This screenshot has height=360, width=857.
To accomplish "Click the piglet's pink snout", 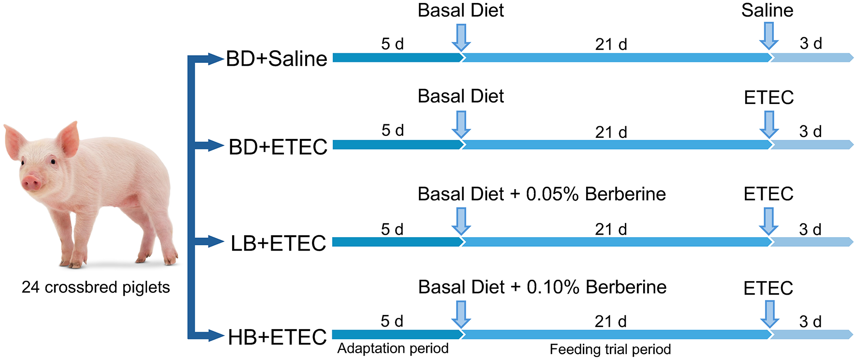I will click(32, 182).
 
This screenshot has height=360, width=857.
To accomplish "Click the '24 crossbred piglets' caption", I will click(96, 287).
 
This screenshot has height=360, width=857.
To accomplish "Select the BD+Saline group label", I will click(277, 59).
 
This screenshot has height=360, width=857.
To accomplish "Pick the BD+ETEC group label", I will click(278, 147).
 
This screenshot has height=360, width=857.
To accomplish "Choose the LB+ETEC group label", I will click(279, 243).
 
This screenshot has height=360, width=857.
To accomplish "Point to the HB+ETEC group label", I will click(278, 337).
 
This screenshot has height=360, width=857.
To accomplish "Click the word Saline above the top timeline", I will click(767, 11).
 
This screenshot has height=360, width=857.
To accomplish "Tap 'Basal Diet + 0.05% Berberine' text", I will click(542, 194).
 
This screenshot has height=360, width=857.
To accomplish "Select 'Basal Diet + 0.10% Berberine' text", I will click(542, 287).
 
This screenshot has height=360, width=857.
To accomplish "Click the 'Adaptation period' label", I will click(393, 348).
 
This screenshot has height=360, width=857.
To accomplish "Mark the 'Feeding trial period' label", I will click(610, 349).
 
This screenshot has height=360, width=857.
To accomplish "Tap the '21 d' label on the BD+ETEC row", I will click(611, 132).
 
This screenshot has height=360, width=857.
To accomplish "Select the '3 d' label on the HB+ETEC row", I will click(810, 321).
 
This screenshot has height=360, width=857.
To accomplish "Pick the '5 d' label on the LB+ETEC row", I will click(392, 229).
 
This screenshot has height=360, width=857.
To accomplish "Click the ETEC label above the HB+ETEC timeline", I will click(768, 288).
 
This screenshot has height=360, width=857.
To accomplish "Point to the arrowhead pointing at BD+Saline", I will click(215, 59).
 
